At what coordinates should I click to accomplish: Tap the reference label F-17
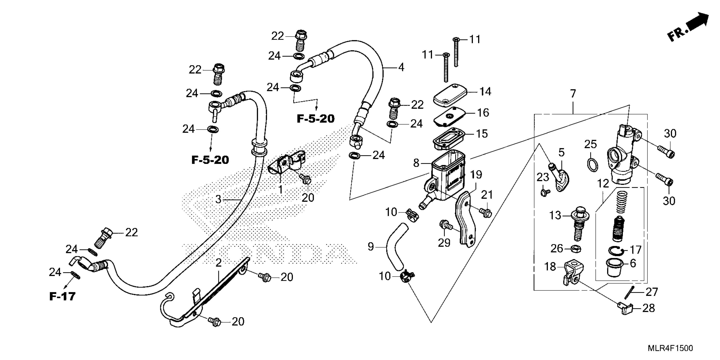(x=62, y=296)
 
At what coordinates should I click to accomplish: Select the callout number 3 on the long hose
(x=218, y=199)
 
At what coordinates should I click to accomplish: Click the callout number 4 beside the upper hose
(x=401, y=67)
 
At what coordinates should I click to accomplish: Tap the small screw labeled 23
(x=544, y=192)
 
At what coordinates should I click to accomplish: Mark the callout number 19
(x=476, y=175)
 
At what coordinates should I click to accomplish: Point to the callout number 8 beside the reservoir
(x=416, y=163)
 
